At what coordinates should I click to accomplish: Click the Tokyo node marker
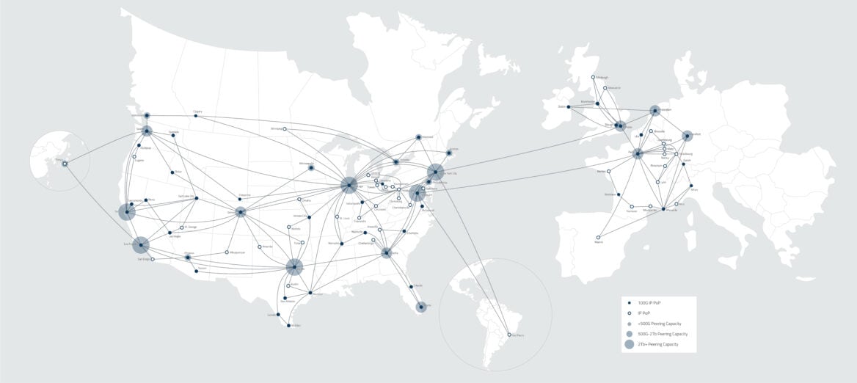pyautogui.click(x=65, y=164)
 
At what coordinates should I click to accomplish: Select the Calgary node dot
pyautogui.click(x=197, y=115)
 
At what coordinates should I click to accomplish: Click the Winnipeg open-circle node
pyautogui.click(x=285, y=129)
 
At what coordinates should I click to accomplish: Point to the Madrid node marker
pyautogui.click(x=598, y=237)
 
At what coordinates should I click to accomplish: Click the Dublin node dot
pyautogui.click(x=568, y=108)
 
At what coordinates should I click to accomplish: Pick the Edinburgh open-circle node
pyautogui.click(x=594, y=77)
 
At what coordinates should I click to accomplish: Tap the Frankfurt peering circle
pyautogui.click(x=687, y=136)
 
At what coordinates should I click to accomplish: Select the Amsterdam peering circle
pyautogui.click(x=654, y=111)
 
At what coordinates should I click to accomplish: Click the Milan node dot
pyautogui.click(x=690, y=186)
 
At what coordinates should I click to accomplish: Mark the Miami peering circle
pyautogui.click(x=420, y=307)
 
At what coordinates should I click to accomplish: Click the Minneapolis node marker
pyautogui.click(x=311, y=167)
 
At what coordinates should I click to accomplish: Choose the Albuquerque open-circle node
pyautogui.click(x=227, y=252)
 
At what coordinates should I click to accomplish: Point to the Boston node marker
pyautogui.click(x=449, y=153)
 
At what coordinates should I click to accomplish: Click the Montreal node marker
pyautogui.click(x=418, y=137)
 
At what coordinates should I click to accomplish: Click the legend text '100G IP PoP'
pyautogui.click(x=649, y=303)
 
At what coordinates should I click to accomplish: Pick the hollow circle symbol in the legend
pyautogui.click(x=629, y=313)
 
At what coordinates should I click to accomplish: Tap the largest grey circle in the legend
pyautogui.click(x=629, y=344)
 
